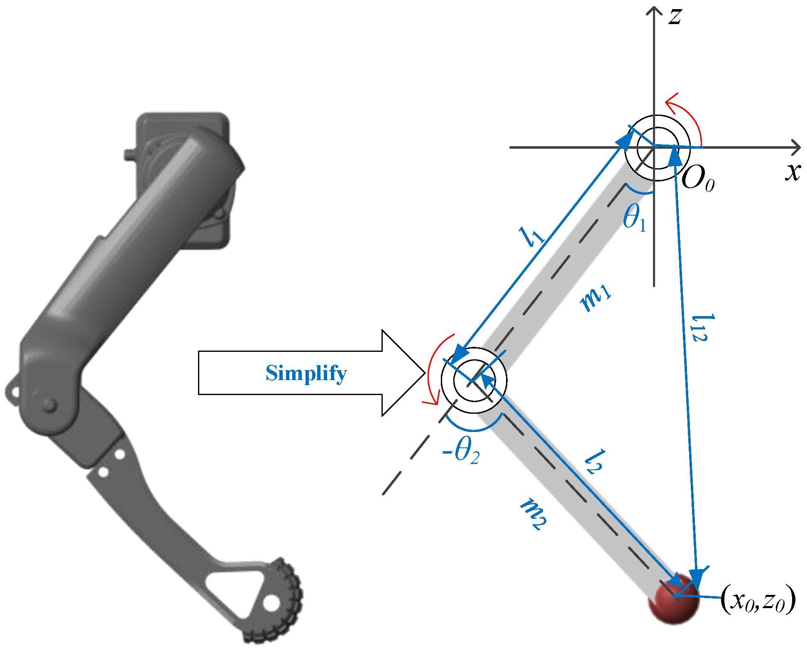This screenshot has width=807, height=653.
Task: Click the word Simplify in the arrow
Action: click(x=306, y=373)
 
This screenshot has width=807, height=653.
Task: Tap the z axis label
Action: click(x=675, y=17)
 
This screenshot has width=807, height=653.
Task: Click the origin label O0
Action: click(x=697, y=179)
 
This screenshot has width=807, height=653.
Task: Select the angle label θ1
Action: click(x=634, y=218)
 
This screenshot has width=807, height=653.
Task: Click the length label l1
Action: click(x=531, y=237)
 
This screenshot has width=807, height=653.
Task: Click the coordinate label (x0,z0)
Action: click(x=758, y=600)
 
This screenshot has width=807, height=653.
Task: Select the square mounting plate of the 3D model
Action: click(x=183, y=125)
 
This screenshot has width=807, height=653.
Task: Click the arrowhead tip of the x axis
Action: click(x=799, y=147)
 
